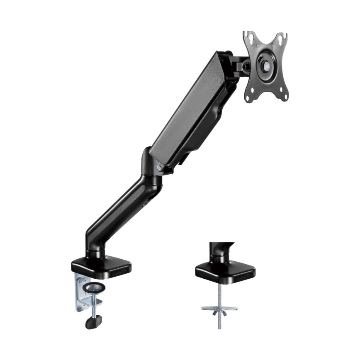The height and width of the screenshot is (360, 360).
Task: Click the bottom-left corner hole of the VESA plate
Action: (x=248, y=98)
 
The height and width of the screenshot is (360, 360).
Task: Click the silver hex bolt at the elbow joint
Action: (x=160, y=167)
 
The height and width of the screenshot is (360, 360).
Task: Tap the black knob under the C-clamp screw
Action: (x=94, y=321)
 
